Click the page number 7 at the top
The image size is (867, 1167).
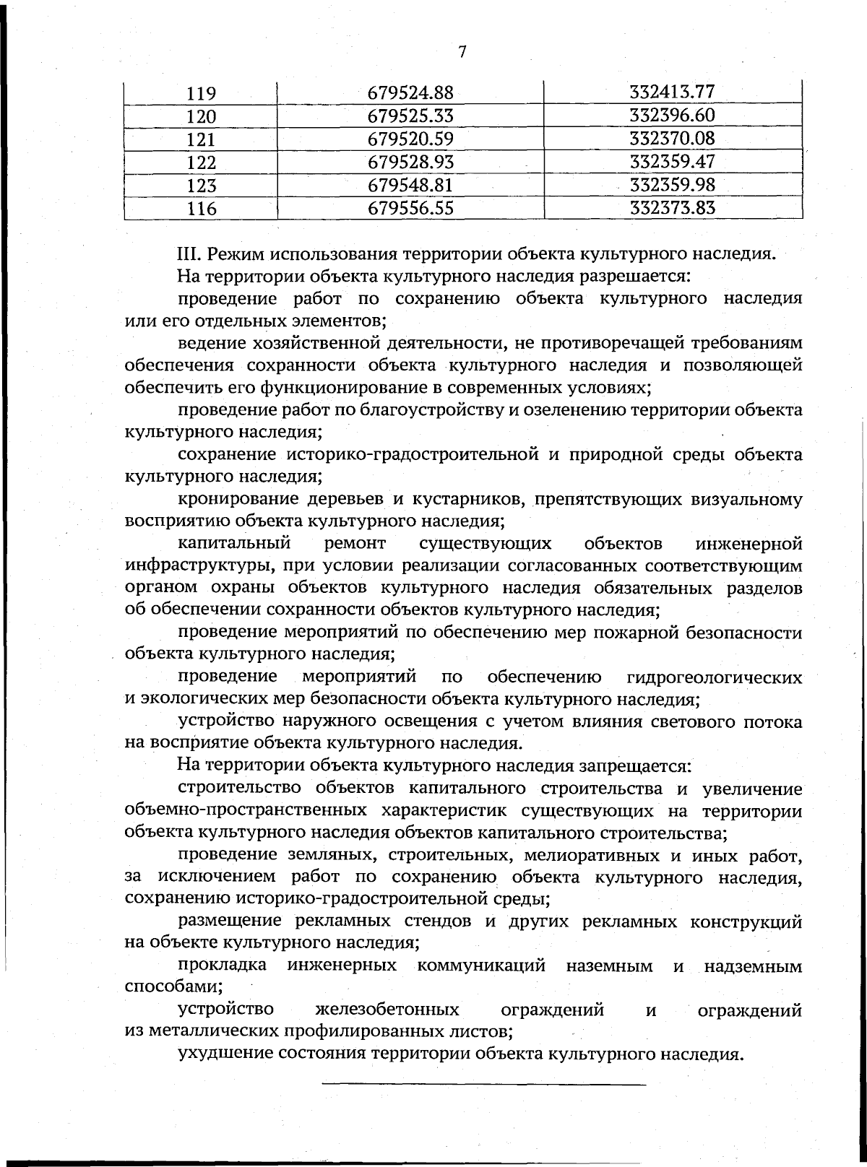click(462, 51)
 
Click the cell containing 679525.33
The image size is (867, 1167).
click(410, 116)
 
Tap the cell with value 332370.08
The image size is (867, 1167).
click(672, 138)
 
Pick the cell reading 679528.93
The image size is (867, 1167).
click(410, 162)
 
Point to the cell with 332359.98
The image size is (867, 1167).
click(672, 185)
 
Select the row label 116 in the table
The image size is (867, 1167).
click(202, 209)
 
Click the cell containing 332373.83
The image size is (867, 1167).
click(672, 208)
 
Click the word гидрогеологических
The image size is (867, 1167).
click(715, 677)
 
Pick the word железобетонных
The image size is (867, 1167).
click(387, 1010)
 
